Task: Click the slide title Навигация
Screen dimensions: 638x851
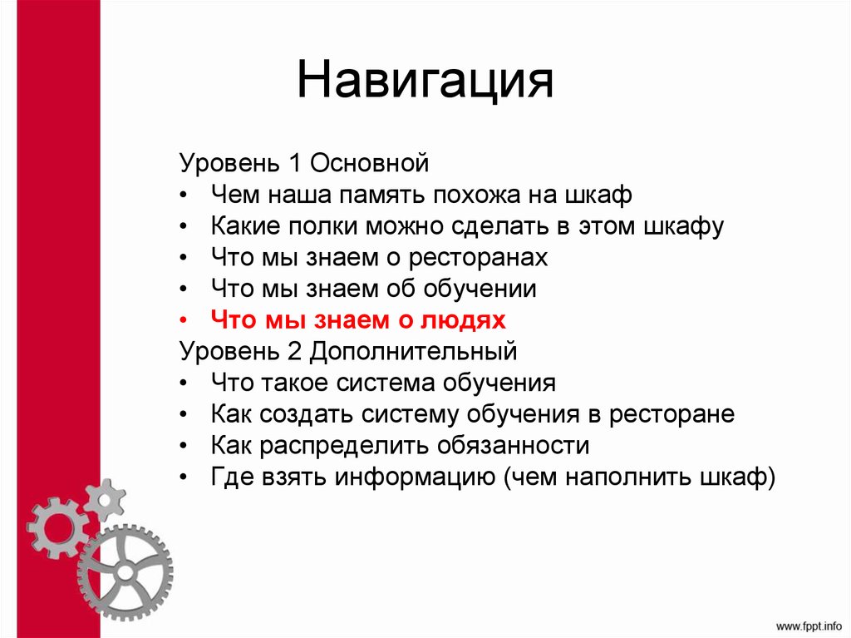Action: pos(425,82)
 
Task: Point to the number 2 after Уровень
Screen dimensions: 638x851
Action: pos(293,351)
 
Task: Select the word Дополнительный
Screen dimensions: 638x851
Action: pos(414,351)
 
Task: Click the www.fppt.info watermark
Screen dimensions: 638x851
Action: pos(809,623)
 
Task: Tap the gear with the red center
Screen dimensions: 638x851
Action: pos(56,527)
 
